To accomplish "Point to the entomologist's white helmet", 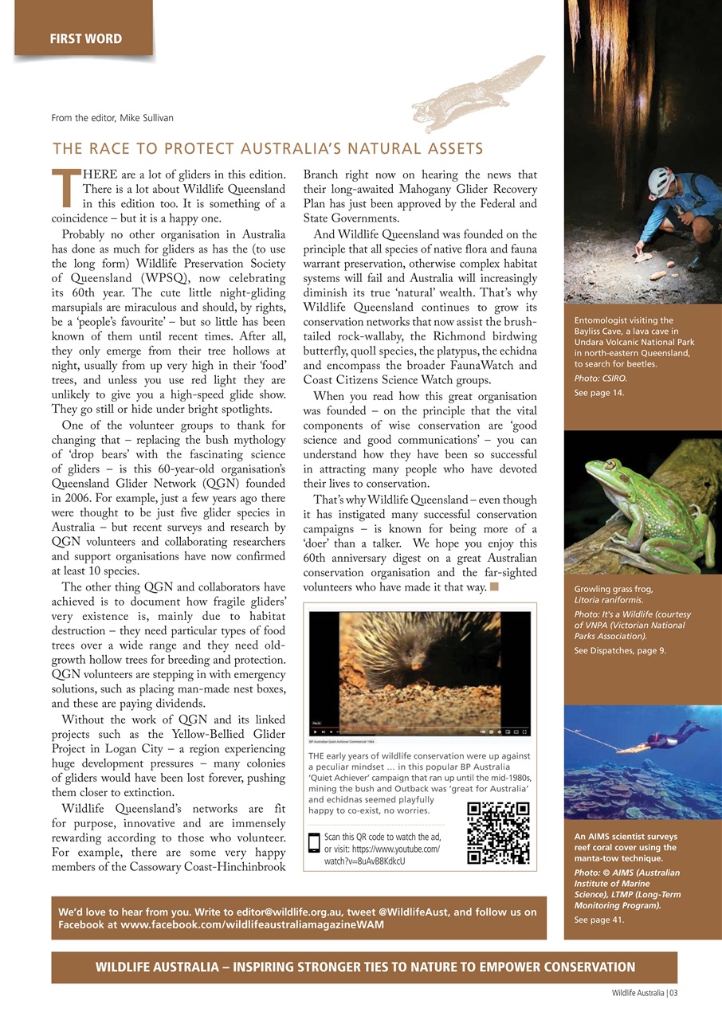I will [661, 181].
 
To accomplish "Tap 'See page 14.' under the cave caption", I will [599, 393].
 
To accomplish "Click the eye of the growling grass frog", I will [611, 465].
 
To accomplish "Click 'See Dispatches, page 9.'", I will [620, 651].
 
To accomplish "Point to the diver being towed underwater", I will [665, 737].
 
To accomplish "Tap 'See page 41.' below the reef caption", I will [599, 920].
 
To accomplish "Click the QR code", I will [499, 834].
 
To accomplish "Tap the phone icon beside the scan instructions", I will [314, 843].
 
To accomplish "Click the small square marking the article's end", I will [494, 587].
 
